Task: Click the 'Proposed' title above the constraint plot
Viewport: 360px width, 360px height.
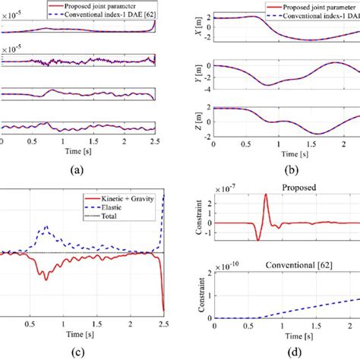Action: pos(287,185)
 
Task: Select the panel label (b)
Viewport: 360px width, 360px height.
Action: pos(287,169)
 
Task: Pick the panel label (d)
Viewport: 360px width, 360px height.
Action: pos(287,350)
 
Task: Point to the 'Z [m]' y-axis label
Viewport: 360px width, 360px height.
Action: pos(198,122)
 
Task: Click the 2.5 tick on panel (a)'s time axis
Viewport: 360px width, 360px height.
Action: pos(153,141)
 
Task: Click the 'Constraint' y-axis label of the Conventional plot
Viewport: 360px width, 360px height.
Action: pos(198,292)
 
